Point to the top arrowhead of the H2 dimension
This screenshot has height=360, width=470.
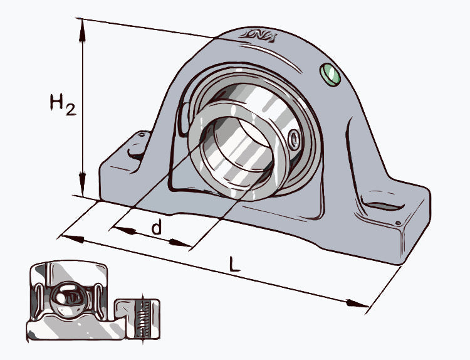click(82, 26)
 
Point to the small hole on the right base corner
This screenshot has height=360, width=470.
click(397, 222)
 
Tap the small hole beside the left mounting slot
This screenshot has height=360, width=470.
click(143, 134)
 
